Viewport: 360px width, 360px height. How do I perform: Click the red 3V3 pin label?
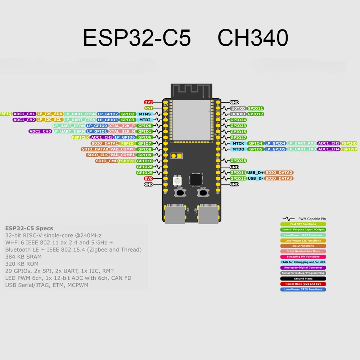coord(149,102)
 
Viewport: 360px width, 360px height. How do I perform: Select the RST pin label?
coord(149,108)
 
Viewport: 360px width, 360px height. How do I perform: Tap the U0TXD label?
coord(238,108)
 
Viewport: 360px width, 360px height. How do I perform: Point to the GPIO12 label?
coord(255,114)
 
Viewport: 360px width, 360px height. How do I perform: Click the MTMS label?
coord(145,114)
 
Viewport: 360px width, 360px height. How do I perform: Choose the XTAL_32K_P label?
coord(122,126)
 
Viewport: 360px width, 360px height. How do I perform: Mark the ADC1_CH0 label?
coord(40,131)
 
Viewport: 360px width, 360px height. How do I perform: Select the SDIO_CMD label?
coord(107,161)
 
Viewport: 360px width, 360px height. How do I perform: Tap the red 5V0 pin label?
coord(149,179)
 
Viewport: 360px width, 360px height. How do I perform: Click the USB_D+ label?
coord(256,173)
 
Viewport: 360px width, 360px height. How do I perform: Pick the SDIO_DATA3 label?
coord(279,179)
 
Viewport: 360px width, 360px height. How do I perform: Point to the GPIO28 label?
coord(238,161)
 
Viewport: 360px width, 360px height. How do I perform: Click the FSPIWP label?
coord(349,149)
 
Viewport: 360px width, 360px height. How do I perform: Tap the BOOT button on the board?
coord(203,193)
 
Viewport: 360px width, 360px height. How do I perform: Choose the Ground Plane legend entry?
coord(303,279)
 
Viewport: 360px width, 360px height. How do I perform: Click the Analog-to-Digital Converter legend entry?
coord(303,268)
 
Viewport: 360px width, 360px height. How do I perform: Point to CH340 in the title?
coord(253,38)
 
